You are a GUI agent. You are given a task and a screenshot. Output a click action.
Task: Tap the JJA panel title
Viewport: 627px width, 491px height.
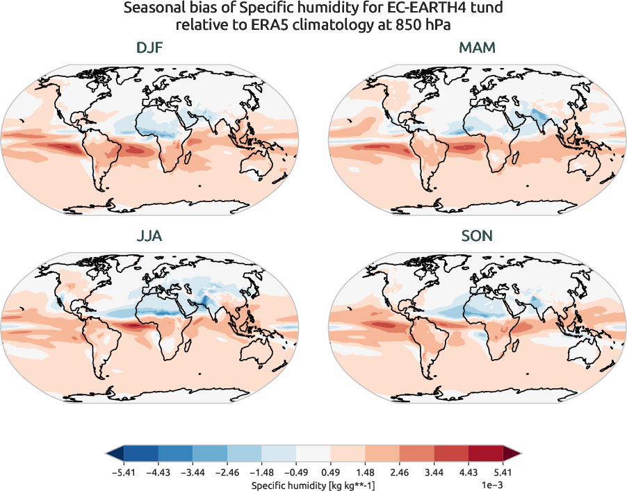tap(150, 236)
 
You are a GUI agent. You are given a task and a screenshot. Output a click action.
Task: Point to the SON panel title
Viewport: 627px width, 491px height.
tap(476, 236)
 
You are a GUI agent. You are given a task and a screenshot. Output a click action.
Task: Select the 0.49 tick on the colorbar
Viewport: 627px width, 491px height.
tap(330, 472)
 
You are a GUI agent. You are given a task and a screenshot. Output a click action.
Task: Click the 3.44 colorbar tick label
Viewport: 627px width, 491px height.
tap(433, 472)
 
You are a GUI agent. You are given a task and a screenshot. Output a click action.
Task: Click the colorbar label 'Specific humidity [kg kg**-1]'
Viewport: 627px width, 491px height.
tap(313, 484)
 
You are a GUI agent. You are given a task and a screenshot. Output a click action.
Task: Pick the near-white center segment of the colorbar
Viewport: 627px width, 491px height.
tap(313, 455)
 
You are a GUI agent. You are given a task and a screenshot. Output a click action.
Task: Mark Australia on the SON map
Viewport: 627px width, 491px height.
tap(587, 349)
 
